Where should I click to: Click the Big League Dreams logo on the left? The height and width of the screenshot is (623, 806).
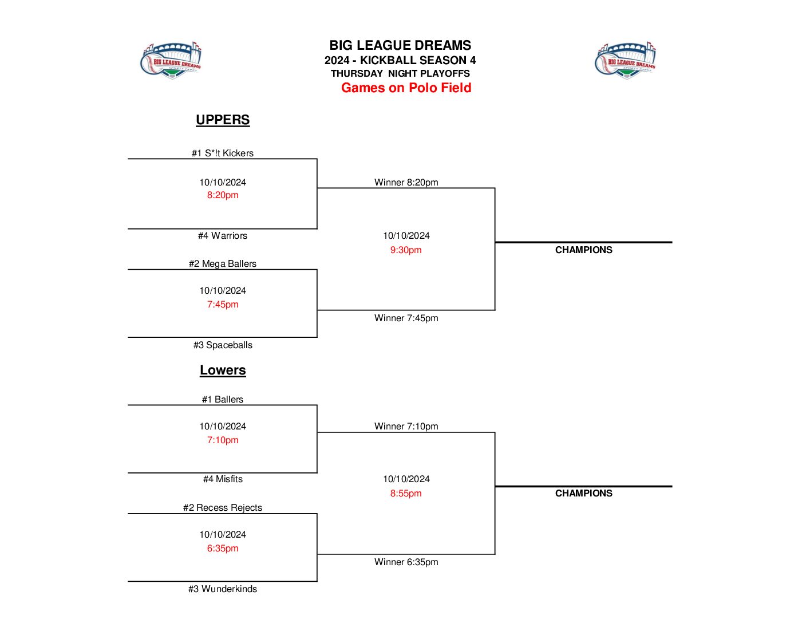tap(171, 60)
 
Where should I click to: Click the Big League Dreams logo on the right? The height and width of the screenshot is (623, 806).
tap(625, 60)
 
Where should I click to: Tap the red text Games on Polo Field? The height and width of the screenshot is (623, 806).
tap(406, 88)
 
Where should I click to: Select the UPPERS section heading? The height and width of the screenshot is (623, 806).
tap(223, 120)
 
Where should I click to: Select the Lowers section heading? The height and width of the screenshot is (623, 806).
tap(223, 370)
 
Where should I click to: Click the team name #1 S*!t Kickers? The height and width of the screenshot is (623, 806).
tap(223, 153)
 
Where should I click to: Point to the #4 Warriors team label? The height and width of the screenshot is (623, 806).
tap(223, 235)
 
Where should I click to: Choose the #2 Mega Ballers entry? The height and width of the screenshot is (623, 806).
tap(223, 263)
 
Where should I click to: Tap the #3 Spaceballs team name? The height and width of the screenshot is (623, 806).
tap(223, 345)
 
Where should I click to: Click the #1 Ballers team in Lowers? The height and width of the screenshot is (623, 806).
tap(223, 399)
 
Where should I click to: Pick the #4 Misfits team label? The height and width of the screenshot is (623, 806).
tap(223, 479)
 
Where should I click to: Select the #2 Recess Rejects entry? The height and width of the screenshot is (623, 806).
tap(223, 507)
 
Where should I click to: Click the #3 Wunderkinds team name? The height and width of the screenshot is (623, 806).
tap(223, 589)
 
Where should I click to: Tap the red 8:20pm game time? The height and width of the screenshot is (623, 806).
tap(223, 195)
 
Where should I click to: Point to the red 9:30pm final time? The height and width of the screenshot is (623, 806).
tap(406, 250)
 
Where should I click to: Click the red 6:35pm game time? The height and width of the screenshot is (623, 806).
tap(223, 548)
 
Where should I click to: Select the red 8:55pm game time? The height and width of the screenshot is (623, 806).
tap(406, 493)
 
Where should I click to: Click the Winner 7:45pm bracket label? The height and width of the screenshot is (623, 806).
tap(406, 318)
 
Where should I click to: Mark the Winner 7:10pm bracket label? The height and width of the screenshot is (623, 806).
tap(406, 426)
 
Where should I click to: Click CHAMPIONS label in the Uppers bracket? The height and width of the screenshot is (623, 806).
tap(583, 250)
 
